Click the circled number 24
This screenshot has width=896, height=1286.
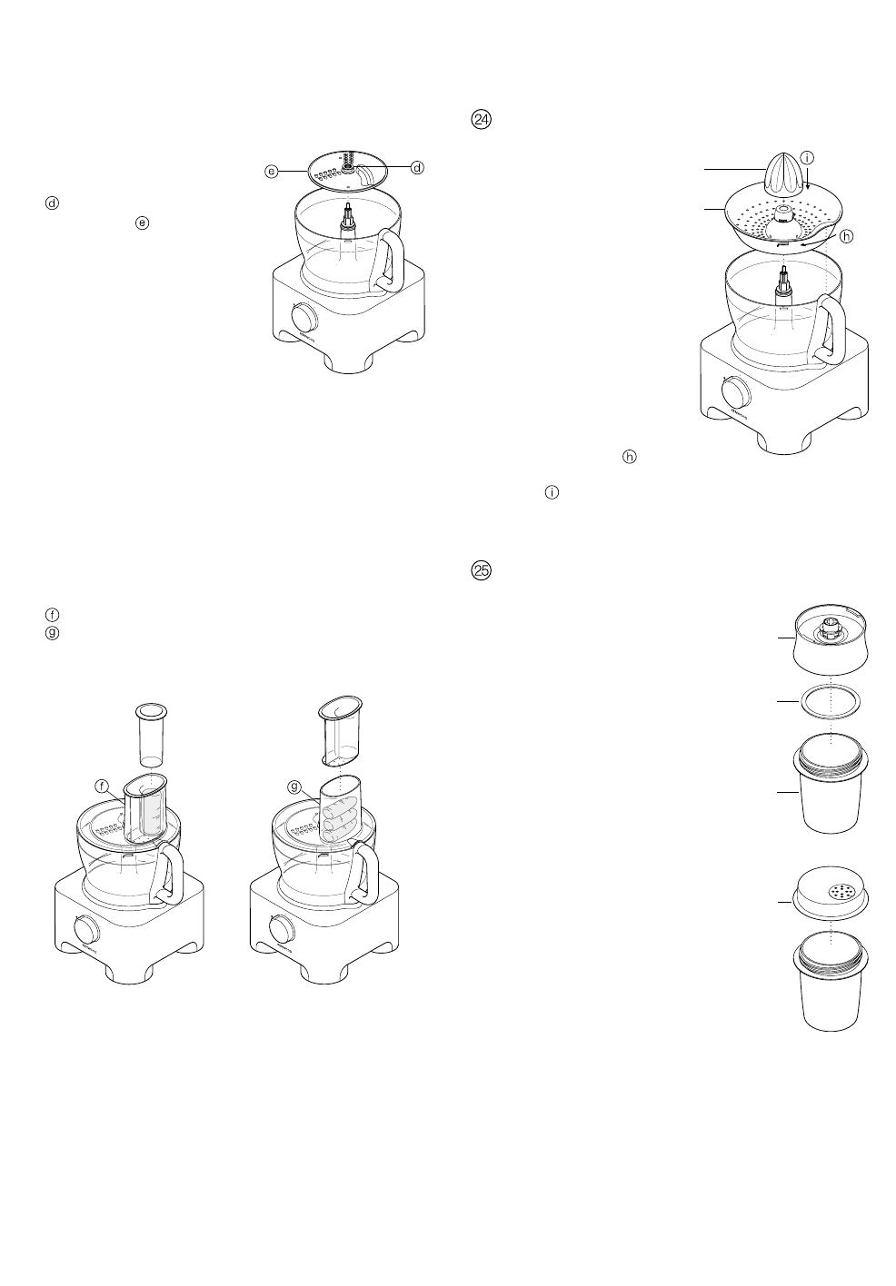(482, 120)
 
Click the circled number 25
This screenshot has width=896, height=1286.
(482, 571)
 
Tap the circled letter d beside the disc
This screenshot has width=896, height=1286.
(417, 167)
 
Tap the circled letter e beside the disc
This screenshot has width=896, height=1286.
(272, 170)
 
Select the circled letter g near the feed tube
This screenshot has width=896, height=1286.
(294, 787)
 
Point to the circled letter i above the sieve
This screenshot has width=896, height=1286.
(807, 158)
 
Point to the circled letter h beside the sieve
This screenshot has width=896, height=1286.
(847, 236)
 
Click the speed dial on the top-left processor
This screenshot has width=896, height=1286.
(305, 320)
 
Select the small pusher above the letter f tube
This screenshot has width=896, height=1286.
(151, 731)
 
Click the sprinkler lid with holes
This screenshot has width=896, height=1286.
(829, 895)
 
